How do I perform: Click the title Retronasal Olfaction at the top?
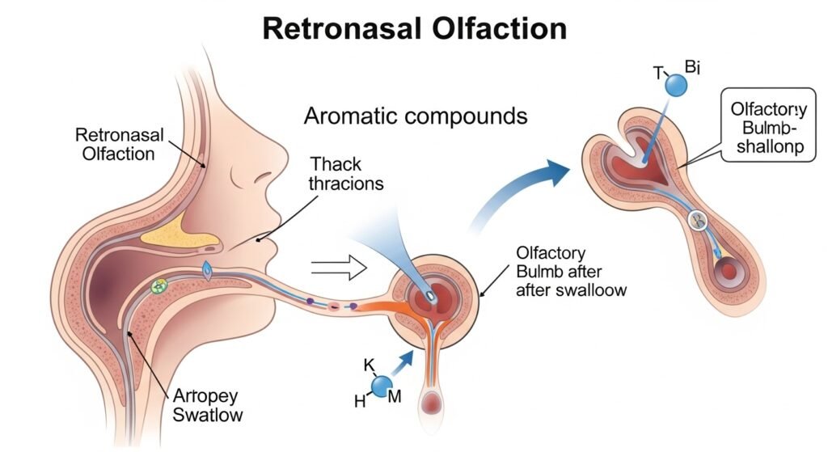tap(415, 29)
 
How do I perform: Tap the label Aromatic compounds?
tap(416, 116)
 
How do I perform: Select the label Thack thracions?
tap(338, 171)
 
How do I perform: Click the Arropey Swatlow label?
tap(206, 405)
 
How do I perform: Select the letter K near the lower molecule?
tap(370, 365)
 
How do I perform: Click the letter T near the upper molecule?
tap(657, 72)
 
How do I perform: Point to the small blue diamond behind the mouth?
tap(208, 272)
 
